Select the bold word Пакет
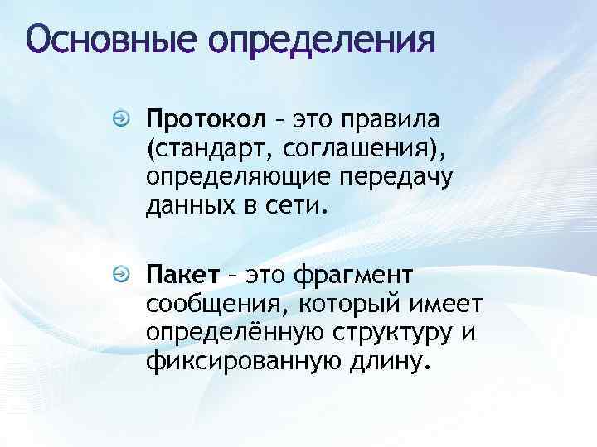[182, 275]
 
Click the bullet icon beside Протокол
[122, 121]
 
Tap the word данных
[187, 205]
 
